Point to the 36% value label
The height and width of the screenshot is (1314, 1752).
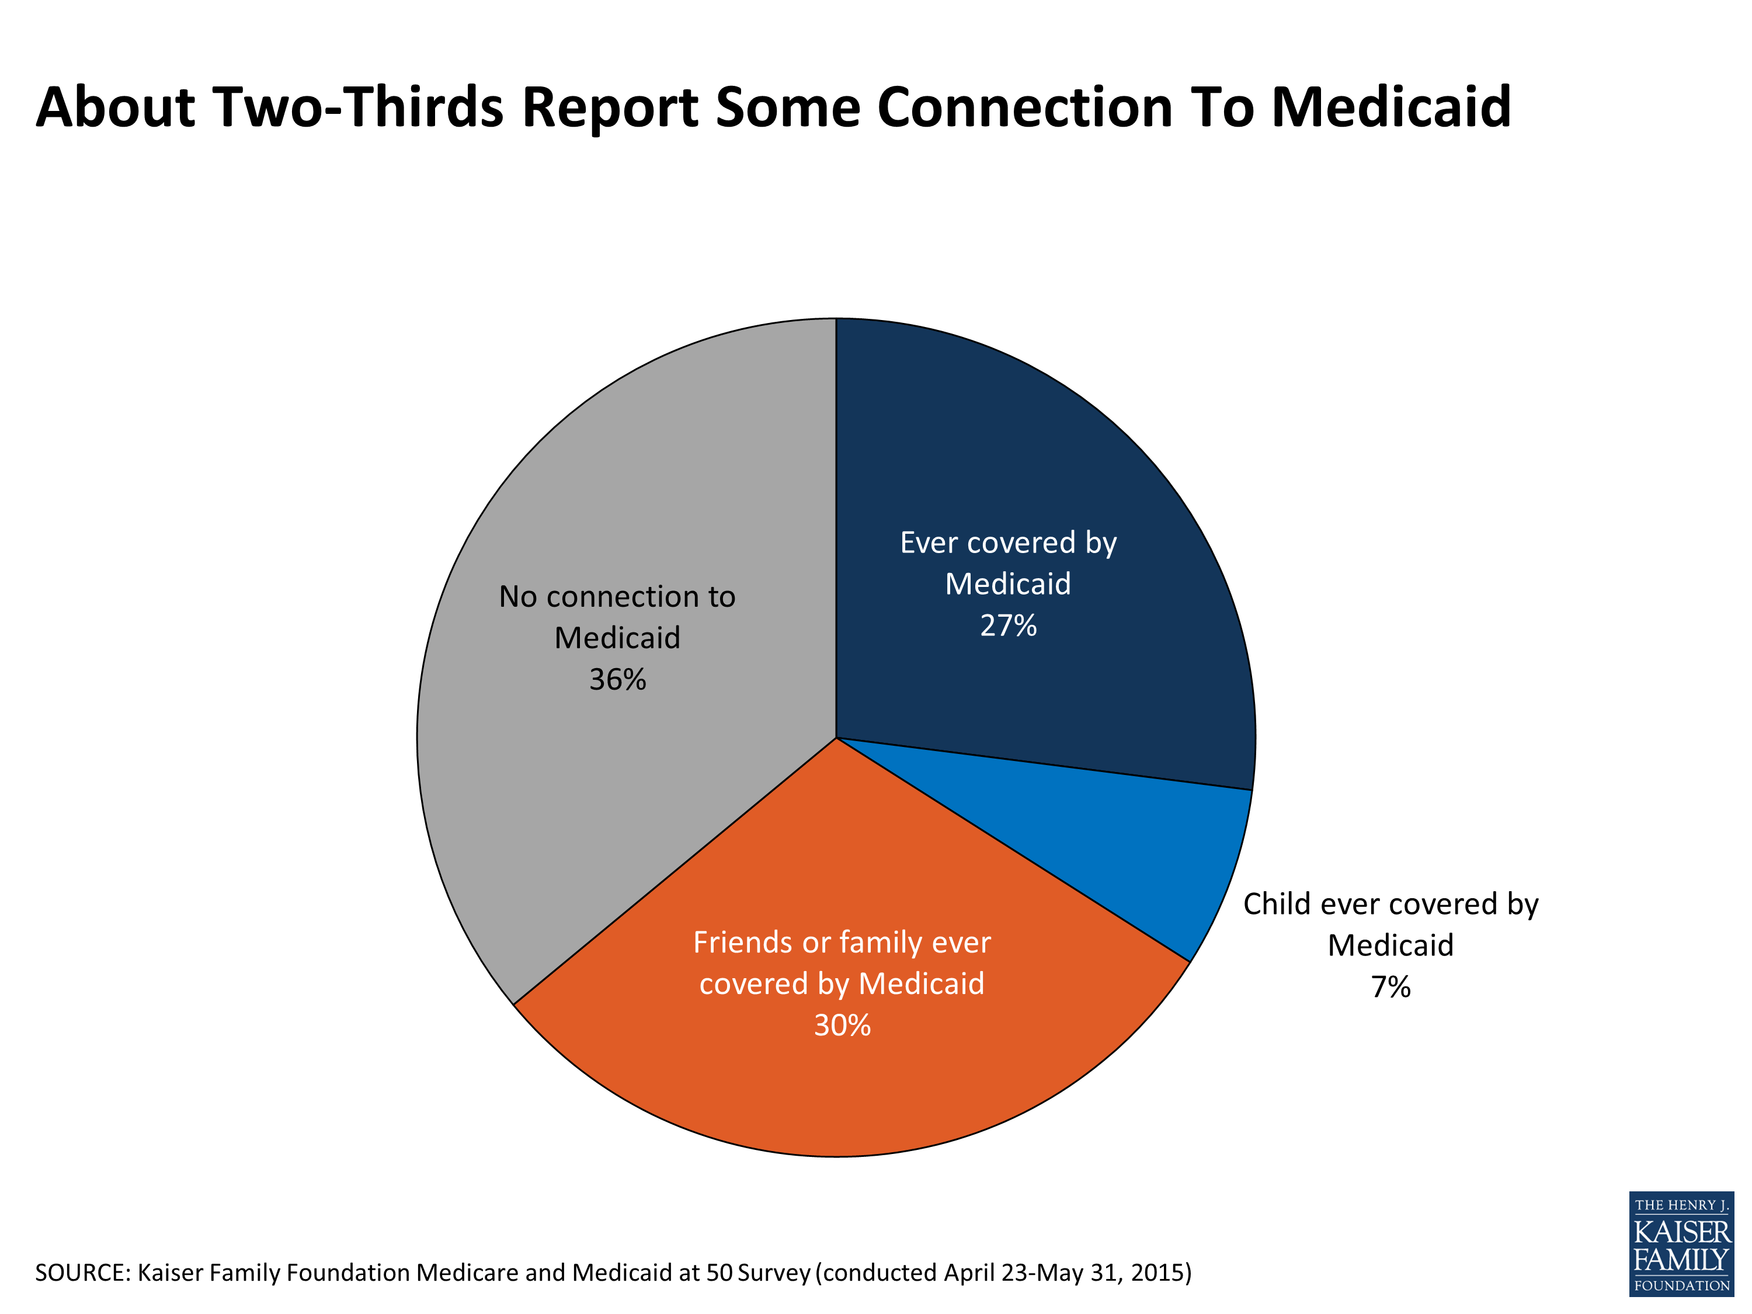618,680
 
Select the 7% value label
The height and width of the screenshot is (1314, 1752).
1391,988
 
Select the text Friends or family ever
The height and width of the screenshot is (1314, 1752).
842,943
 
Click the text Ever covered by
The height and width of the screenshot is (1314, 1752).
1008,543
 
